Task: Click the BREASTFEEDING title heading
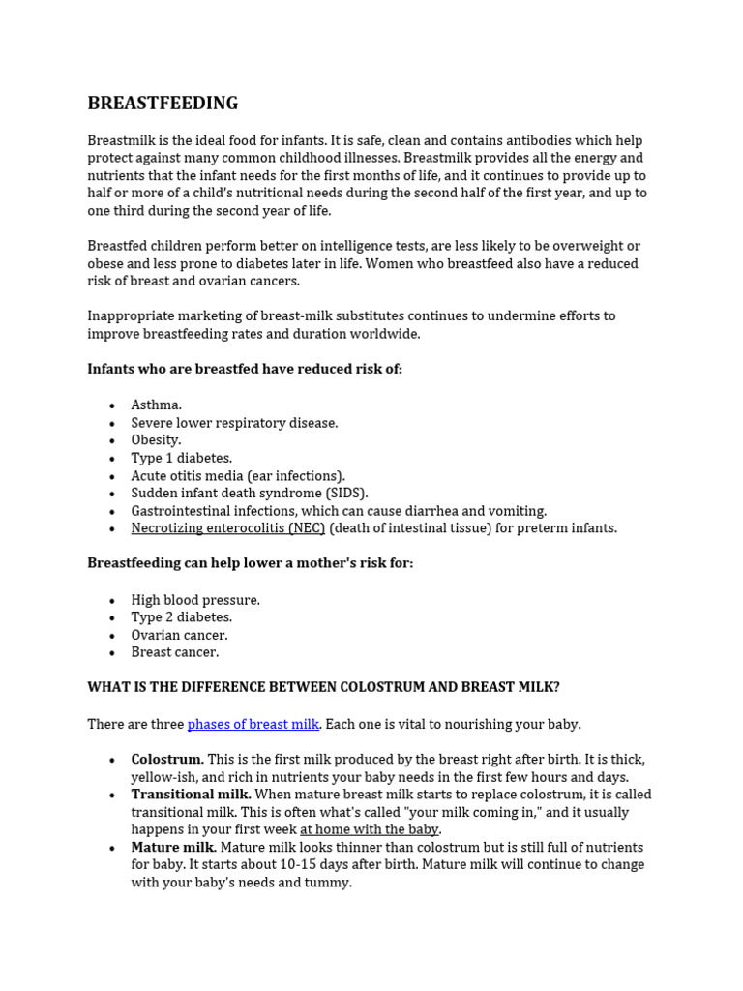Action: pos(163,104)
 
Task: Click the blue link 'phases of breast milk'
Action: pos(253,724)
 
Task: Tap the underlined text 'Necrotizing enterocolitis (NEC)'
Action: pos(228,528)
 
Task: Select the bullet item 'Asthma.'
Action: pos(156,405)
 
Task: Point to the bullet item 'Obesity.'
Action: pos(156,440)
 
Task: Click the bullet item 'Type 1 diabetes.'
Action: pos(182,458)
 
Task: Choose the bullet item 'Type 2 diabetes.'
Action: pos(182,617)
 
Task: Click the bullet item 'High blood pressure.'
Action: pos(195,600)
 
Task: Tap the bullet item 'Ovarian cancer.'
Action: pos(179,635)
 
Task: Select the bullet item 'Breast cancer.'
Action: pos(175,652)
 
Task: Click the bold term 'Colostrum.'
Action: pos(167,760)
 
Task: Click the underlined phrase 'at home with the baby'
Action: pos(370,830)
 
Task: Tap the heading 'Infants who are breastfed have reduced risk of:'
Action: pos(245,369)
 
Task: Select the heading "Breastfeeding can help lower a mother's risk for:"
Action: pos(250,563)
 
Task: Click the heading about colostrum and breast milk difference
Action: pos(323,687)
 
